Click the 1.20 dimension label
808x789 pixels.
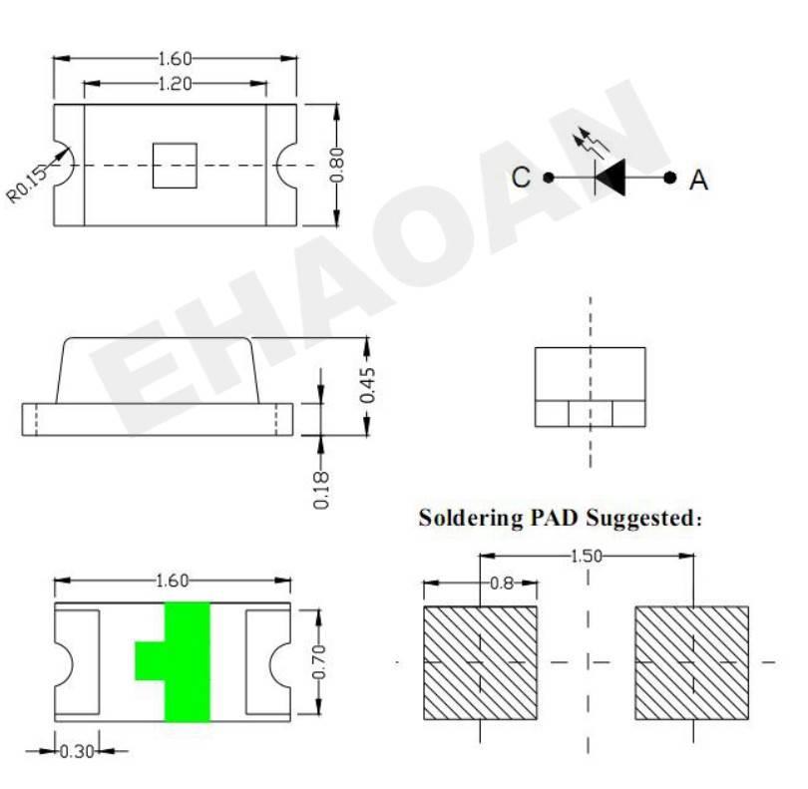pos(175,84)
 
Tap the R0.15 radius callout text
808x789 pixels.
pos(26,185)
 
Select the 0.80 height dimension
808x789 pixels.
pos(336,165)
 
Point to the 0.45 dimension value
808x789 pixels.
pos(367,385)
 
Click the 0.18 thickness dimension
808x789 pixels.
pos(321,490)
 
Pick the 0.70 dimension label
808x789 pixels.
pos(319,661)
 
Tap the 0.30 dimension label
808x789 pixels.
pos(77,751)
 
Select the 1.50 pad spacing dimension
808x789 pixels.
pos(587,556)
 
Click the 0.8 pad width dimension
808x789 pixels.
pos(502,584)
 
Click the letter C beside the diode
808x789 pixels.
pos(521,177)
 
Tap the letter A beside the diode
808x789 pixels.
pos(698,180)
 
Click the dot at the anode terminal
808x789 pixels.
pos(670,178)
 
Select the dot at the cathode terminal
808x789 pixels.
pos(549,178)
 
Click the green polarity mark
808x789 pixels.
pos(188,661)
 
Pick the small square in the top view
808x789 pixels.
pos(175,166)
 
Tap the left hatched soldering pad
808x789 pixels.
pos(480,662)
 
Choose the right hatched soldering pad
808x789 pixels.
pos(691,662)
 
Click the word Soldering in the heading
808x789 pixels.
pos(471,519)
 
